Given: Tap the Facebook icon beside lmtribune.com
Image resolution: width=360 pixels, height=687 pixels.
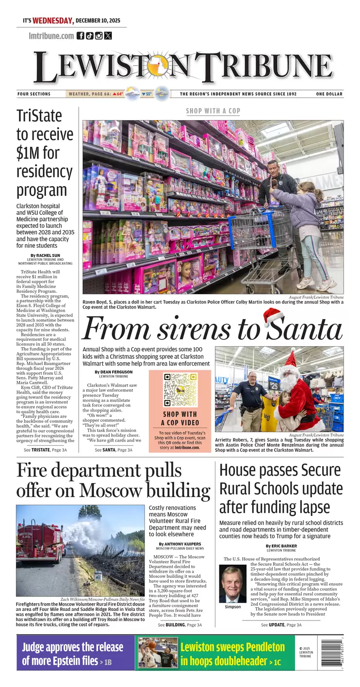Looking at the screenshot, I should click(81, 35).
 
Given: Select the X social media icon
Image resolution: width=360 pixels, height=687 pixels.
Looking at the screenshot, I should click(108, 35).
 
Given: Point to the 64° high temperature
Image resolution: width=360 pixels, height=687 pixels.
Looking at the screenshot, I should click(118, 94).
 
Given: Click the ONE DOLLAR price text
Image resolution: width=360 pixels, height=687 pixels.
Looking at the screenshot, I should click(329, 94).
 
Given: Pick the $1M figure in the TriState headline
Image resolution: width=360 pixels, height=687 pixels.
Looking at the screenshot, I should click(31, 153).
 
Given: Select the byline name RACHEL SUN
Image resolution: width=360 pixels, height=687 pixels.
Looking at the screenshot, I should click(47, 256).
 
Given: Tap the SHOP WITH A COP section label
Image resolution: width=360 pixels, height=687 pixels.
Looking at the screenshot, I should click(213, 111).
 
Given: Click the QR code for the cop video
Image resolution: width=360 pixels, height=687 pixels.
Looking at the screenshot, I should click(180, 390).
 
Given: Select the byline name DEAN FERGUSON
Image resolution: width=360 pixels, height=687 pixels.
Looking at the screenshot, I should click(116, 372).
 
